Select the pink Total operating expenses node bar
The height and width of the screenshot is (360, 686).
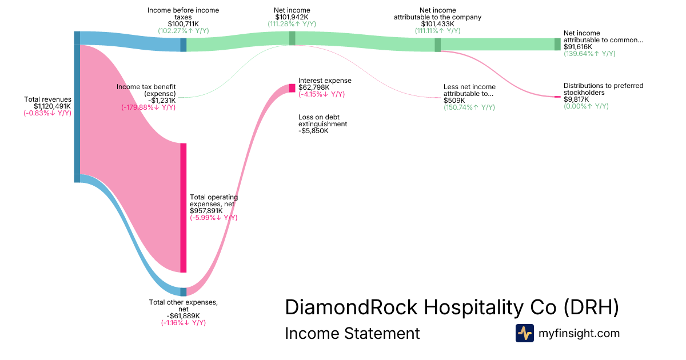pos(184,207)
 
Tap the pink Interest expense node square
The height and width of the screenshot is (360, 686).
pos(292,88)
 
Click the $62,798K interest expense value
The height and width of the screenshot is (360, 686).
pos(314,87)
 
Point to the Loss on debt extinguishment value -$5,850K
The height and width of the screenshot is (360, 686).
pos(313,131)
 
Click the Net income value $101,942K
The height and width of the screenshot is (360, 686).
pos(292,17)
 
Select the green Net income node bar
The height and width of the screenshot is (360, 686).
pos(292,38)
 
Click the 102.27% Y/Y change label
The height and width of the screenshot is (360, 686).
pos(183,31)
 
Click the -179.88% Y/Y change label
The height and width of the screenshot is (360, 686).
pos(148,107)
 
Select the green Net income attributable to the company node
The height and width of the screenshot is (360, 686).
pos(437,45)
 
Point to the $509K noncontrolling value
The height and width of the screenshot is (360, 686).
pos(454,101)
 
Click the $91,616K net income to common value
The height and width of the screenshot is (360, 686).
pos(578,47)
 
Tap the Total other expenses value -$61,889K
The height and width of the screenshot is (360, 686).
pos(183,316)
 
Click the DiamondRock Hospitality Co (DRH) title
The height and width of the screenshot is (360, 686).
pos(452,307)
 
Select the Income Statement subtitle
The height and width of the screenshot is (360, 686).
pos(352,333)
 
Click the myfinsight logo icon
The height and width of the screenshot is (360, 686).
pos(524,333)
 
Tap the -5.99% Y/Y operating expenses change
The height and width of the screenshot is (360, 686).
pos(214,218)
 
